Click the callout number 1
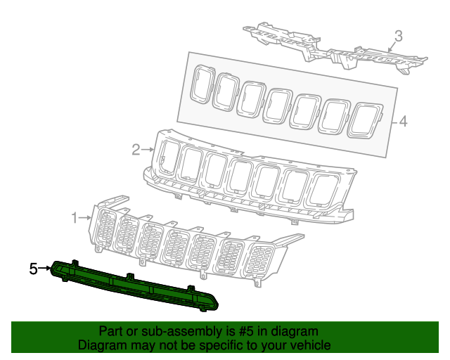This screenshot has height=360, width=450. (x=75, y=218)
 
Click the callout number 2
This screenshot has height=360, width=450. (x=136, y=149)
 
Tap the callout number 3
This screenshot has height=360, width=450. (x=398, y=35)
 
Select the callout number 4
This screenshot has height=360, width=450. (x=403, y=122)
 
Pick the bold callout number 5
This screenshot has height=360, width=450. (x=33, y=269)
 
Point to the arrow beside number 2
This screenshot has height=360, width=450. (x=148, y=149)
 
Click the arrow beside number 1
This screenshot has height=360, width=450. (x=86, y=218)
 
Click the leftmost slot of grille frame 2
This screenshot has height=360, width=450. (x=169, y=156)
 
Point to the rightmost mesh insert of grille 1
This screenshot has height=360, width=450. (x=262, y=262)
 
